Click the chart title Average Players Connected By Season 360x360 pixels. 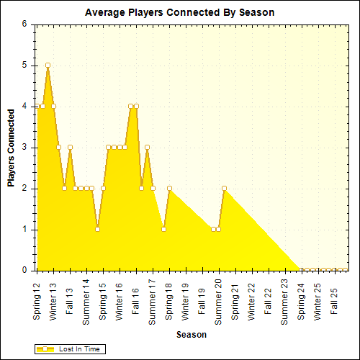[x=179, y=12]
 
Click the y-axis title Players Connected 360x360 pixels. [x=12, y=148]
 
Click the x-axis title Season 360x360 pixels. [x=191, y=335]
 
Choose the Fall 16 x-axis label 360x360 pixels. [x=135, y=297]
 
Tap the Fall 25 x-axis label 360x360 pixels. [x=333, y=297]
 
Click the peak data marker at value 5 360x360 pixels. [x=48, y=65]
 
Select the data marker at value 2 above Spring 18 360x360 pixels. [x=169, y=188]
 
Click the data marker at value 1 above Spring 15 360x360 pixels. [x=97, y=229]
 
